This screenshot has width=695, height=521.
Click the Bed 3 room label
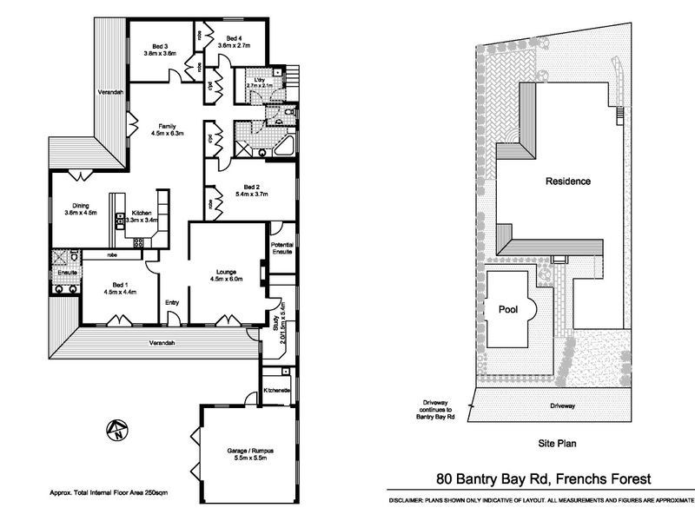(160, 46)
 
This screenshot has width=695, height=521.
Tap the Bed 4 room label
(233, 38)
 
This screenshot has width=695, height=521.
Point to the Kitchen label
(142, 214)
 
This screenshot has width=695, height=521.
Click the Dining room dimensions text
(80, 213)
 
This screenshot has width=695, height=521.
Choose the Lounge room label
(227, 272)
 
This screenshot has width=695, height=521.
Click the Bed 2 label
(252, 187)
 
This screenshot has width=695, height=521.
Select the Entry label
(173, 302)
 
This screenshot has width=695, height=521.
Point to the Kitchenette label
(276, 391)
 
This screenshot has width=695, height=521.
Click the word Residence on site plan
(567, 181)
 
